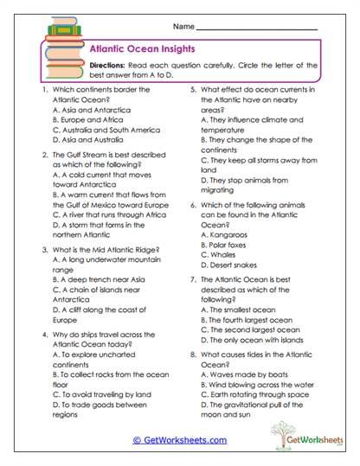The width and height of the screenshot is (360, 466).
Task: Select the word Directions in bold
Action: tap(110, 66)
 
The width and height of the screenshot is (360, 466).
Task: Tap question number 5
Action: tap(191, 91)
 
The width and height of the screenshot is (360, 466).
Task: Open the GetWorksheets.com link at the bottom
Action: tap(179, 439)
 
